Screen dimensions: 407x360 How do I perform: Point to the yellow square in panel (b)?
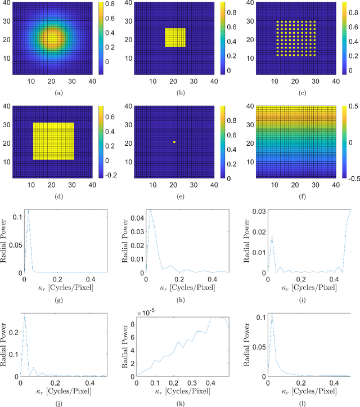(x=175, y=38)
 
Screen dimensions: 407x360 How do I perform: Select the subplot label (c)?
(x=297, y=91)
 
